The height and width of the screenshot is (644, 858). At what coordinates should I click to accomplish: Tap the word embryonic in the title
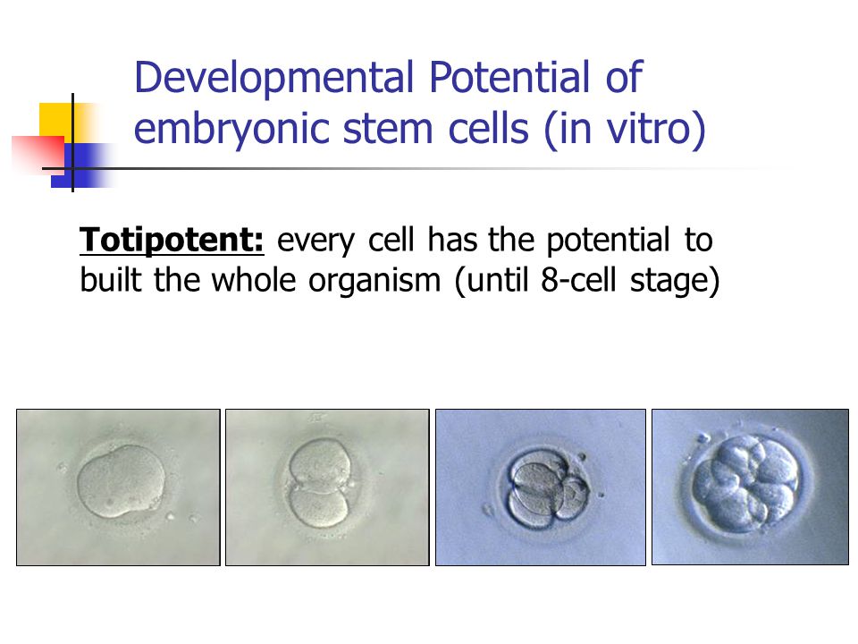pos(232,131)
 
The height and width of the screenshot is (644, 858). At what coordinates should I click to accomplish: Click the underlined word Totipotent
pos(172,241)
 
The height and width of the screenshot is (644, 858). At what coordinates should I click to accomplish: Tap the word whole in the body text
pos(254,279)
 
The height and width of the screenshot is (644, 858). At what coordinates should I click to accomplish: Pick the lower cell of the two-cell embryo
pos(318,509)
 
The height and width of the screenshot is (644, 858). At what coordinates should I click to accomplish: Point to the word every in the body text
pos(315,241)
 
